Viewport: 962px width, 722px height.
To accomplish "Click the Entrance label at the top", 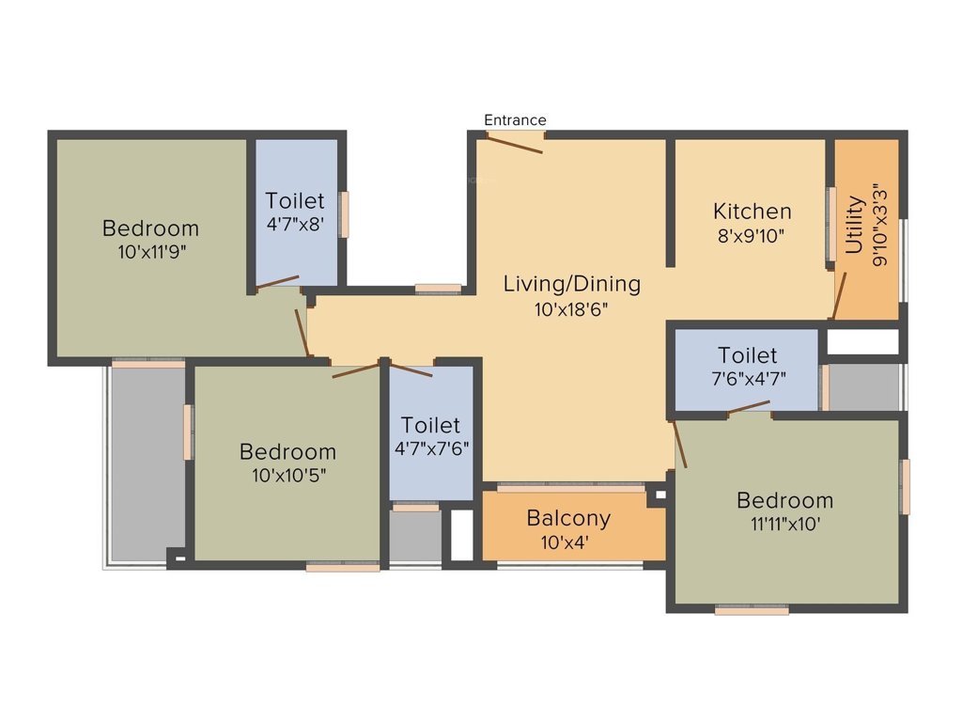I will (515, 120).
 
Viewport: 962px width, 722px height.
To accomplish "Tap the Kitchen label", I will (752, 211).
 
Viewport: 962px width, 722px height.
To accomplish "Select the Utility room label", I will (854, 225).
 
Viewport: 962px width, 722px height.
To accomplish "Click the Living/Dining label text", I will (572, 283).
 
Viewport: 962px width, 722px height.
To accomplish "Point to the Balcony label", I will (568, 518).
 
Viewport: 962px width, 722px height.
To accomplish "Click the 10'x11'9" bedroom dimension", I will (150, 251).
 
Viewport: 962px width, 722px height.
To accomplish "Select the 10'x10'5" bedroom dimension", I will (287, 475).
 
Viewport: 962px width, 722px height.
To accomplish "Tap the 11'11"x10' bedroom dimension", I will (784, 524).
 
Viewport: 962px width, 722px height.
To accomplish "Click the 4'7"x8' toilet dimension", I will (294, 224).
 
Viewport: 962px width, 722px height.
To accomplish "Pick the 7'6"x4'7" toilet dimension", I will (748, 378).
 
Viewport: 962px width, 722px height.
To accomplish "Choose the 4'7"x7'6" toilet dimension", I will (431, 447).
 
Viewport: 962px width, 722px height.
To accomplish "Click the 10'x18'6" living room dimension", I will (572, 307).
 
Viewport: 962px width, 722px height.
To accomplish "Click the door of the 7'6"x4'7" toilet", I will (749, 406).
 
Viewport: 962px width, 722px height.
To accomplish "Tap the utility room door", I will (839, 295).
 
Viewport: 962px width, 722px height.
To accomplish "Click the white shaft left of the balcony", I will (461, 535).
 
